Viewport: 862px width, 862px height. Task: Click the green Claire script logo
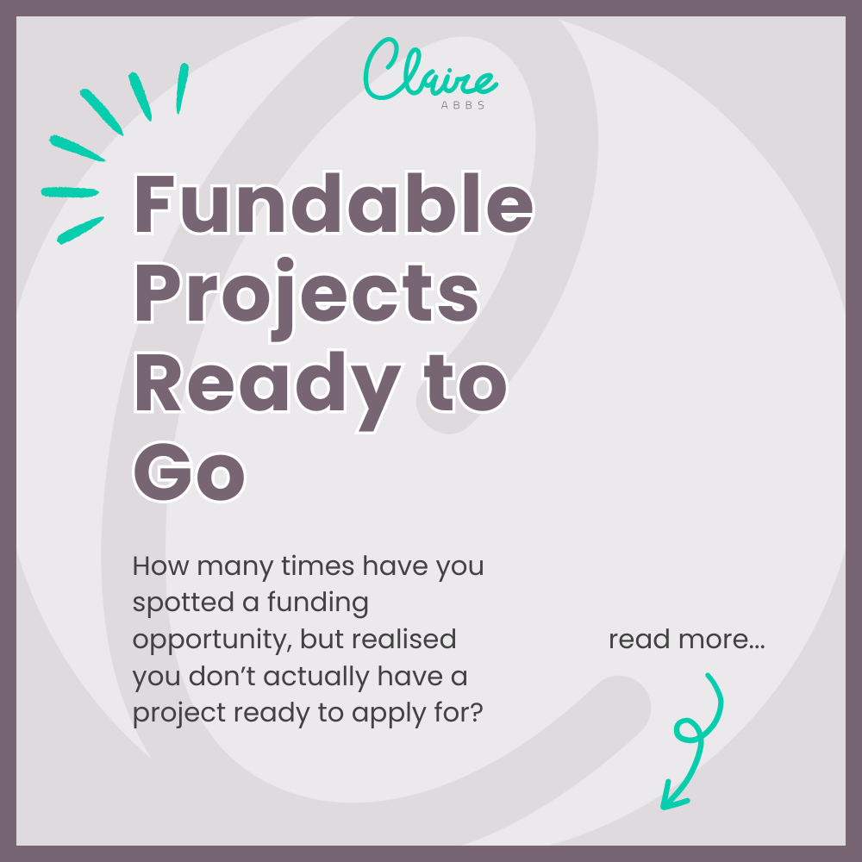(429, 70)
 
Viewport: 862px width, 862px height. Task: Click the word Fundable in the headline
(333, 205)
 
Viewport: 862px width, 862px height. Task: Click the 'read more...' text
(686, 640)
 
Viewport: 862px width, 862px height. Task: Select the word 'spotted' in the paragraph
(177, 603)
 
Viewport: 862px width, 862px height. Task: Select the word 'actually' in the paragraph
(317, 677)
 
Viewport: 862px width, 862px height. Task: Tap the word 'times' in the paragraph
(321, 566)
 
